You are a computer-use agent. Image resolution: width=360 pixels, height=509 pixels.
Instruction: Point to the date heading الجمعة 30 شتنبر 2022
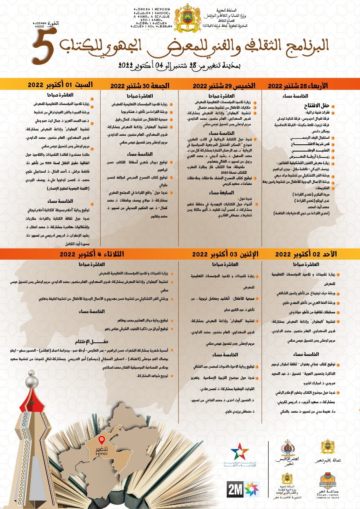coord(140,85)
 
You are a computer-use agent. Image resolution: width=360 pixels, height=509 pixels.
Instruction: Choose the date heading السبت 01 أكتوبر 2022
coord(60,85)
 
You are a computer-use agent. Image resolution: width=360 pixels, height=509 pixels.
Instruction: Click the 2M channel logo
coord(234,489)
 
